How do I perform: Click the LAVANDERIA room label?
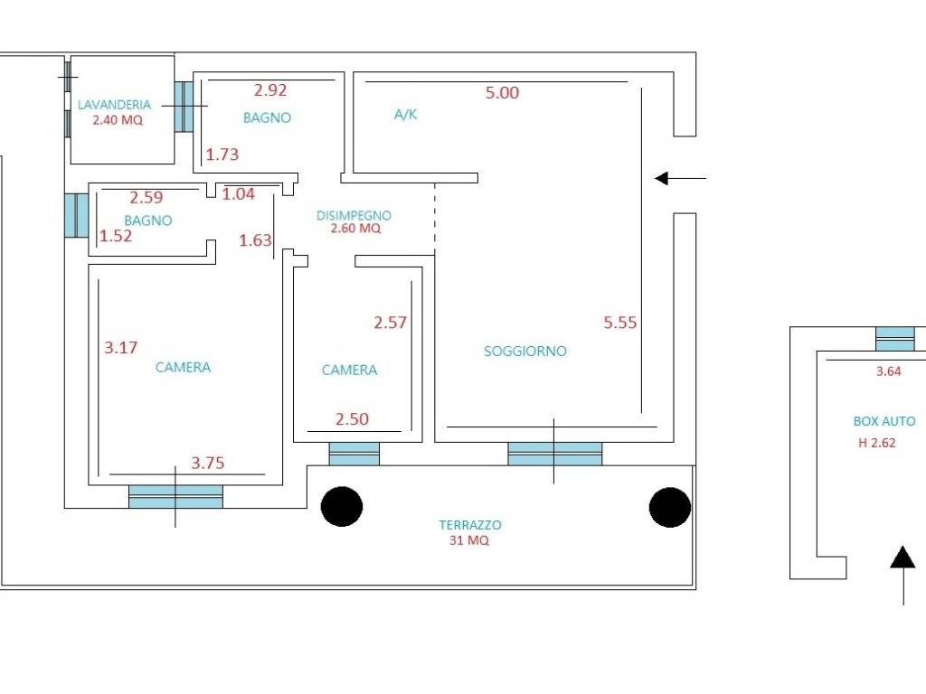115,105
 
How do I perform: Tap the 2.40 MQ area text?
118,120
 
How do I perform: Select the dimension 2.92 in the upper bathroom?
270,89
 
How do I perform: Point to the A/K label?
406,114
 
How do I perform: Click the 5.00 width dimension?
502,93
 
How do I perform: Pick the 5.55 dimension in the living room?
620,323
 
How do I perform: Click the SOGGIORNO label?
525,352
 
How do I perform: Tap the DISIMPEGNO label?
354,215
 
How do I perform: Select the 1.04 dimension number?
239,193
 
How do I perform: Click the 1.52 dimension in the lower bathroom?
116,236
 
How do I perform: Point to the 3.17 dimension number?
121,347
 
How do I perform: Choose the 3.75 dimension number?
208,463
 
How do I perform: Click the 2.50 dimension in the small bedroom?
352,419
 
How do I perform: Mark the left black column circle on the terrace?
342,506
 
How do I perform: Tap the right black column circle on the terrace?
670,507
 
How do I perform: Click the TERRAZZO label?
470,525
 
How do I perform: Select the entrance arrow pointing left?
680,178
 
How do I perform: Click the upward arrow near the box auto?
903,576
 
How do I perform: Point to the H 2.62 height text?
877,443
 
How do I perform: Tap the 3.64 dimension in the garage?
888,371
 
